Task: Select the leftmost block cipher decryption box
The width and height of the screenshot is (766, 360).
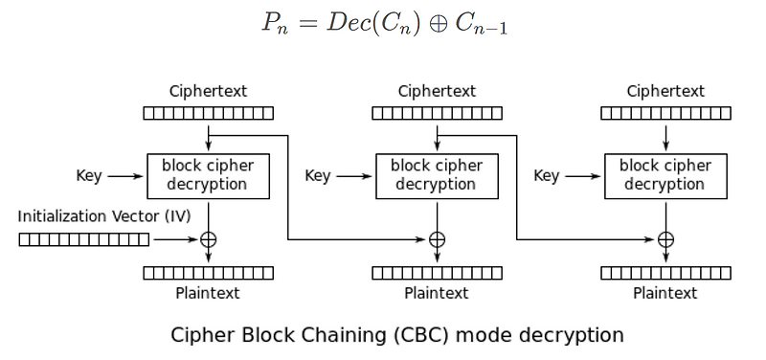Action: click(208, 175)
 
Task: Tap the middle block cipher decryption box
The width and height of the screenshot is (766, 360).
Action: click(437, 175)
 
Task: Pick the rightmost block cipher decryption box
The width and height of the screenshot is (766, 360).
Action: click(665, 175)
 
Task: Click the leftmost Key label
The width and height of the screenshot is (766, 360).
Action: click(89, 176)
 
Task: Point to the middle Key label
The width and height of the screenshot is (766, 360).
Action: click(318, 176)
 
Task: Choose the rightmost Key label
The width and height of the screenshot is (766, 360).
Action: click(547, 176)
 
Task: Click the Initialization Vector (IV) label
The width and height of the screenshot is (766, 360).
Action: click(104, 216)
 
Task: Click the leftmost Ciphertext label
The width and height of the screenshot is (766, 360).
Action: click(208, 92)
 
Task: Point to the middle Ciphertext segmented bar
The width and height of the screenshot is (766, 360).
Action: click(437, 113)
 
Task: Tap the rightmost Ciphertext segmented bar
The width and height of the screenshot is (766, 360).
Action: click(665, 113)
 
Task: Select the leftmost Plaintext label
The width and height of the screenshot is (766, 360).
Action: click(208, 293)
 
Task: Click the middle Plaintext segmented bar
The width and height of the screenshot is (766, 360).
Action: click(437, 273)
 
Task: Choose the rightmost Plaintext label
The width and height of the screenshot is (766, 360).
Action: click(665, 293)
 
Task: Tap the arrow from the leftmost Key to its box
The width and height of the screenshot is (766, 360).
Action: click(124, 176)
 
